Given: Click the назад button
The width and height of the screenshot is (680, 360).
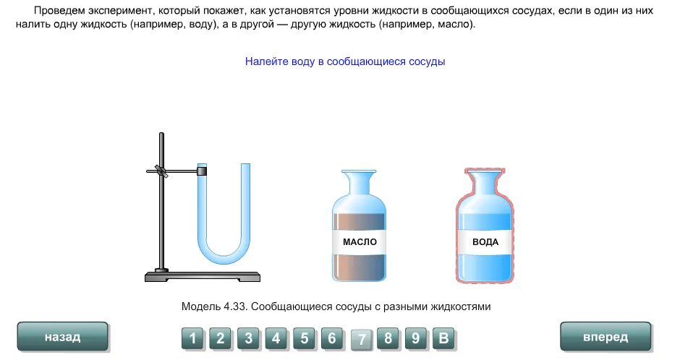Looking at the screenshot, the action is click(x=62, y=337).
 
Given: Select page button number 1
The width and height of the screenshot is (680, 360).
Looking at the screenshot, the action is click(x=192, y=338).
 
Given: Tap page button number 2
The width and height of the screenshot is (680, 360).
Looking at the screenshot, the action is click(x=221, y=338).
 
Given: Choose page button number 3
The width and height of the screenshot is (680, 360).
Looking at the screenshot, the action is click(x=248, y=338).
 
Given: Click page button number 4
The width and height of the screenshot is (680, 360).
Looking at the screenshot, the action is click(x=276, y=338).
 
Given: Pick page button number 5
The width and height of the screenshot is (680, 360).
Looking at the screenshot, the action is click(x=304, y=338).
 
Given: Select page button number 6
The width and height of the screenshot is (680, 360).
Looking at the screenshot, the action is click(x=332, y=338).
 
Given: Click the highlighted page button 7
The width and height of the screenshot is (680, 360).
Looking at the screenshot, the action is click(x=361, y=338).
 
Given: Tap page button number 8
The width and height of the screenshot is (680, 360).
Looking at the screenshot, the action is click(x=388, y=338).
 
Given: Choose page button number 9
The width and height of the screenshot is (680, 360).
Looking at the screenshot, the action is click(x=416, y=338).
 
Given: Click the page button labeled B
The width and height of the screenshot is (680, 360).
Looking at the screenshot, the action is click(x=444, y=338).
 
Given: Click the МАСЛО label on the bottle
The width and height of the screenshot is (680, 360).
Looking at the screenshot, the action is click(x=360, y=241).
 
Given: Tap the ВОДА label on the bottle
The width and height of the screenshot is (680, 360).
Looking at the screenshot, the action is click(x=485, y=241).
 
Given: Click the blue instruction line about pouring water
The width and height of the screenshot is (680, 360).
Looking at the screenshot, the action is click(x=345, y=61).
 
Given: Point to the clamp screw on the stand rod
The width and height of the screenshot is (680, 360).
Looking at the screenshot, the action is click(x=163, y=172).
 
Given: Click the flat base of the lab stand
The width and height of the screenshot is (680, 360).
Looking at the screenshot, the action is click(x=203, y=276).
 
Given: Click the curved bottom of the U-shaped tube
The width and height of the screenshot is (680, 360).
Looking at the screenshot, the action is click(x=224, y=253).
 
